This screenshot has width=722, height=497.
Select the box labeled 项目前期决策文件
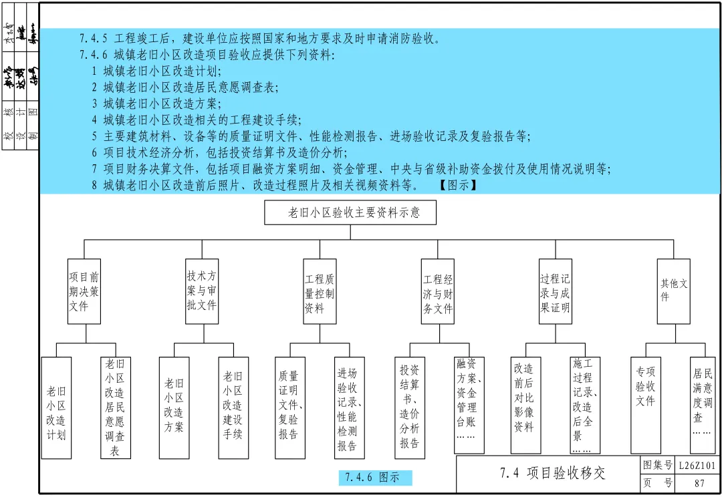pos(84,292)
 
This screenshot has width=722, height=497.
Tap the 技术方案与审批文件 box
pos(201,292)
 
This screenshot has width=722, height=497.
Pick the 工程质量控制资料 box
pos(320,292)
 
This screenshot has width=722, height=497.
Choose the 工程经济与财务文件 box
pos(438,292)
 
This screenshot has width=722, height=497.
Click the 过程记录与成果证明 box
pos(556,292)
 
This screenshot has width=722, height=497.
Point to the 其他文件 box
pos(673,292)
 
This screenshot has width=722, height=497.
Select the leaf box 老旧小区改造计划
pos(56,407)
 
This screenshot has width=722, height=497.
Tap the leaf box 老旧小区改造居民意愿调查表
pos(116,407)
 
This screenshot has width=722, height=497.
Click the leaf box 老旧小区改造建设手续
pos(233,407)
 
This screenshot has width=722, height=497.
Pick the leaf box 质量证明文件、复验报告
pos(289,407)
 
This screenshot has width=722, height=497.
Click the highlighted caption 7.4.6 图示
pos(374,478)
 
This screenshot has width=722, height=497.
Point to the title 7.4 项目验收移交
pos(552,474)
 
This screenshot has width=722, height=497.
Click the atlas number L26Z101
pos(697,466)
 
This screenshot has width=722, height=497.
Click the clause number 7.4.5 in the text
pos(94,38)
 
